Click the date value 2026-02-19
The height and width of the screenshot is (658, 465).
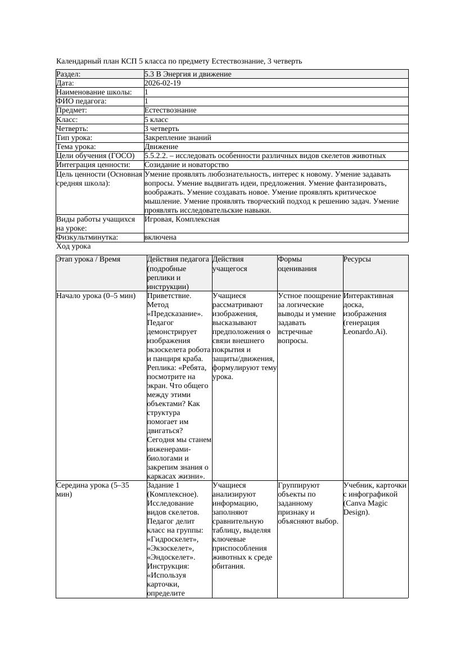pos(162,83)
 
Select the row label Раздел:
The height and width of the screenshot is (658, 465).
pos(69,74)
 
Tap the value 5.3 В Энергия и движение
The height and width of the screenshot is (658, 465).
pos(188,74)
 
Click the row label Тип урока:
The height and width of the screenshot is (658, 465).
pos(75,138)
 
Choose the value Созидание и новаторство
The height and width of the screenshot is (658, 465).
pos(186,165)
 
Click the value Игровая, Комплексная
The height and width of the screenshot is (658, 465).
pos(182,219)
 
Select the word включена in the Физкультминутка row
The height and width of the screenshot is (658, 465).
pos(160,237)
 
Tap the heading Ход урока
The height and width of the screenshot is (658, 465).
pos(74,246)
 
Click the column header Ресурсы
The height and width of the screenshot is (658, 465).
pos(357,260)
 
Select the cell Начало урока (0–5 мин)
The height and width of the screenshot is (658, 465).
pos(96,296)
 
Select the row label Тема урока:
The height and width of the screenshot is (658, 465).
pos(77,147)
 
